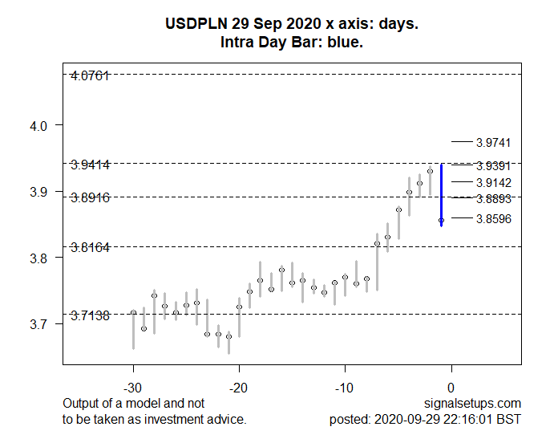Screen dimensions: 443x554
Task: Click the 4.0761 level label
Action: click(x=90, y=75)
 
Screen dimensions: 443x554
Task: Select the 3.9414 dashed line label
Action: click(x=90, y=165)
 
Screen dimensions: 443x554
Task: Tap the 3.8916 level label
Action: click(x=90, y=197)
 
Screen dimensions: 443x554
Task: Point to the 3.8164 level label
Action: click(x=90, y=247)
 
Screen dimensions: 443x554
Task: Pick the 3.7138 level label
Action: click(x=90, y=315)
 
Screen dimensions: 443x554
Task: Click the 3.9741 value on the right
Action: click(x=493, y=143)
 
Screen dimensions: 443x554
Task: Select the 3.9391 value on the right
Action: click(x=493, y=166)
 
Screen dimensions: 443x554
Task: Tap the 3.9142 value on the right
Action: click(x=493, y=183)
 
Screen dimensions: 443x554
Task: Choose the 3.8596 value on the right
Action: click(x=493, y=219)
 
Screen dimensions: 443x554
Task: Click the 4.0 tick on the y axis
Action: click(x=40, y=126)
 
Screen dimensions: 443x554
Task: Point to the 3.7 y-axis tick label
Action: click(x=40, y=324)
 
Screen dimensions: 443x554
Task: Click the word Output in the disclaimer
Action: click(x=81, y=403)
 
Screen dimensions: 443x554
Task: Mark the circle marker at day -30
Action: click(x=133, y=312)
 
